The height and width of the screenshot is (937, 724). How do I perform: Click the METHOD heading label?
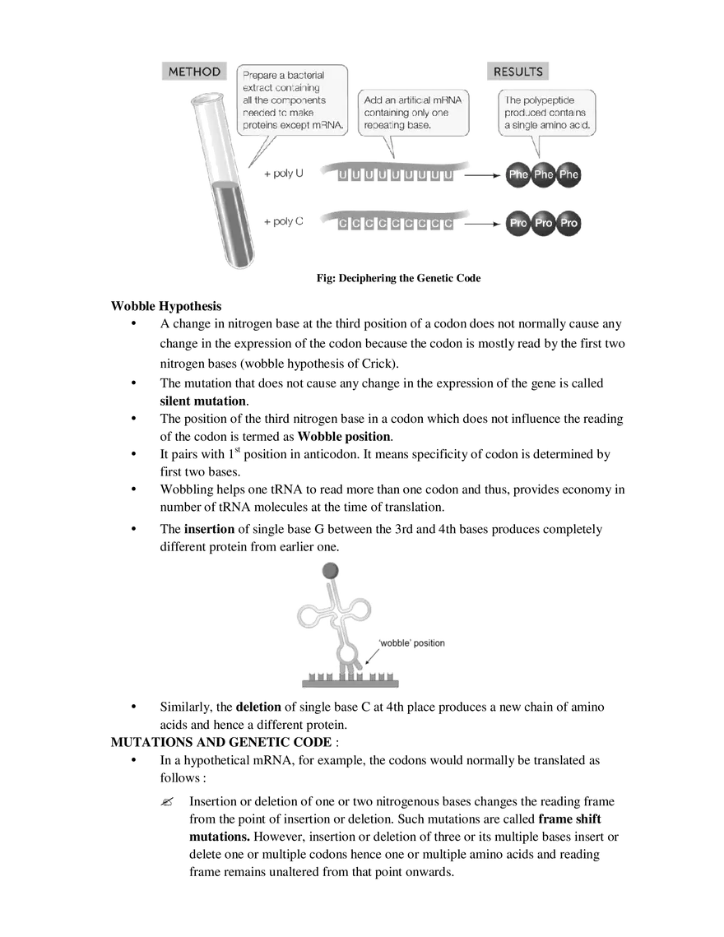(x=194, y=72)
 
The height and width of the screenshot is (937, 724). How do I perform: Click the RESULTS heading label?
(x=517, y=72)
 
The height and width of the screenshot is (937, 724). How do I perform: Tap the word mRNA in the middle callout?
(x=450, y=100)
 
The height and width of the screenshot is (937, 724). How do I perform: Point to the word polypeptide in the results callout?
(x=555, y=100)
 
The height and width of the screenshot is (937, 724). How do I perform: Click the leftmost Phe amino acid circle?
(x=518, y=174)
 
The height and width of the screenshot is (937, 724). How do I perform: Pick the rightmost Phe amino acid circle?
(x=570, y=174)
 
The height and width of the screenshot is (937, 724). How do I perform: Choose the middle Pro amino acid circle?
(x=544, y=223)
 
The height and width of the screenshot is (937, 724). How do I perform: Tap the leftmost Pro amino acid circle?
(x=518, y=223)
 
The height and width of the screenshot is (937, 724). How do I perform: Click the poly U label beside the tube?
(x=285, y=174)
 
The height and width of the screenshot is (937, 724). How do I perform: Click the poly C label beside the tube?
(x=285, y=222)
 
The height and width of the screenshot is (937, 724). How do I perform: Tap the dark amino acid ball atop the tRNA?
(x=330, y=570)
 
